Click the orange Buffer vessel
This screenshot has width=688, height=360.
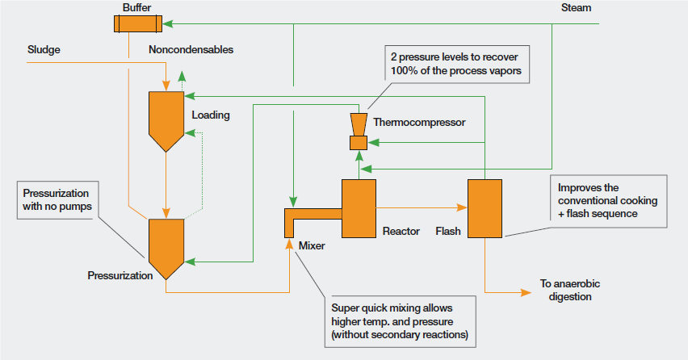[138, 23]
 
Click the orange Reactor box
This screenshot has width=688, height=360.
[359, 208]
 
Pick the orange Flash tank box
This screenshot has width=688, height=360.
[485, 208]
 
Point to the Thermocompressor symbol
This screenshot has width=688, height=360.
[359, 132]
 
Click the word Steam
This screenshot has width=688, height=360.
[576, 7]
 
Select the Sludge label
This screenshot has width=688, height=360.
[44, 49]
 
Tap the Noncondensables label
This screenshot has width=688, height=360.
[191, 49]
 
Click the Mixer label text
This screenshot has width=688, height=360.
[312, 245]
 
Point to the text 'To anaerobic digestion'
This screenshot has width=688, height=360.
[570, 290]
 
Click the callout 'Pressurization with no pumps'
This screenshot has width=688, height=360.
[57, 200]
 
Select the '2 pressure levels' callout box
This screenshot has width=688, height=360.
[457, 64]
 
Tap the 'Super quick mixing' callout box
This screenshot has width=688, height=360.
[401, 321]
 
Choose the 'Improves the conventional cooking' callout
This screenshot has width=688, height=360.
[608, 201]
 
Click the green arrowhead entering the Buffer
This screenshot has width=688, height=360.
[168, 23]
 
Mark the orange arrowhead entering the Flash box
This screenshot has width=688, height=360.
[462, 207]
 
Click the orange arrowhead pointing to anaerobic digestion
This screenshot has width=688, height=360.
[526, 292]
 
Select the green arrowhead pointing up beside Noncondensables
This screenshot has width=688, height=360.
[182, 76]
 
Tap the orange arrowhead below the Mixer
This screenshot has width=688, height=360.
[289, 244]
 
